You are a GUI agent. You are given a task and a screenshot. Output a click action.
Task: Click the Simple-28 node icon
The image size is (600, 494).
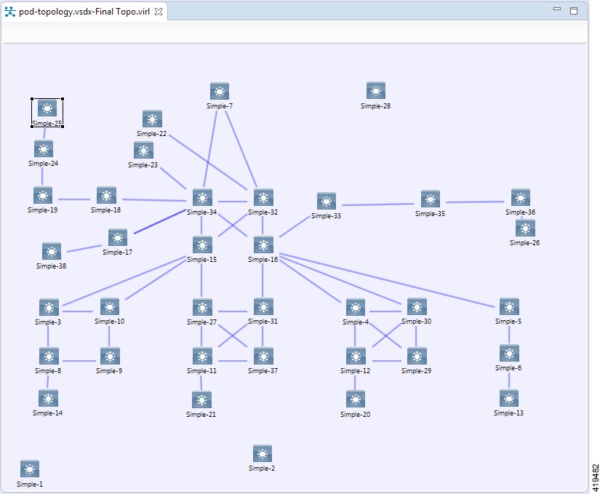coord(375,91)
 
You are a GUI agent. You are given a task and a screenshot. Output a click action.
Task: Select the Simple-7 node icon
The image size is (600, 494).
coord(220,91)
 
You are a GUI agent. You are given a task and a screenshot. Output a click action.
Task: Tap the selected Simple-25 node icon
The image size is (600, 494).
coord(47,109)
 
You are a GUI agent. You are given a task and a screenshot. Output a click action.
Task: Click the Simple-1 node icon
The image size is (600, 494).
coord(30,469)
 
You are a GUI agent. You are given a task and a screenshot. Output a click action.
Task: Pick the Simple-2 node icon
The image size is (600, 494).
coord(263,453)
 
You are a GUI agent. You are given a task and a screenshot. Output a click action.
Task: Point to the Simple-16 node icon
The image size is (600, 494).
coord(263,245)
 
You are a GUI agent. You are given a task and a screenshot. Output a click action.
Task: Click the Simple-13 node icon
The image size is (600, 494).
coord(509,399)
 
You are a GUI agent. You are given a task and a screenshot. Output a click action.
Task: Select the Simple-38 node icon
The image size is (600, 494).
coord(52,252)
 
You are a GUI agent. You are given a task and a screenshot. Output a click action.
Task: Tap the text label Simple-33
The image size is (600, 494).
coord(326,216)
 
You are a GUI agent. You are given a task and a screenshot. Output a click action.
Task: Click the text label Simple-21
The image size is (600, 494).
coord(201,415)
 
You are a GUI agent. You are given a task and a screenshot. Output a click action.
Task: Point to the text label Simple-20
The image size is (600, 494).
coord(356,415)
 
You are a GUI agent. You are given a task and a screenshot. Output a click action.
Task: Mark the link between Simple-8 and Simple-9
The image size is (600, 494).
coord(79,361)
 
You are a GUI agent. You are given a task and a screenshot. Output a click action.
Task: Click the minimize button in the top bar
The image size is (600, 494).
coord(557,9)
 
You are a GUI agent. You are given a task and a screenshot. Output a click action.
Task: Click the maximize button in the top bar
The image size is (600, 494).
coord(574,11)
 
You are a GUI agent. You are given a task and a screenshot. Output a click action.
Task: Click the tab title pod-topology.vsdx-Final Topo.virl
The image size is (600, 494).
coord(84,12)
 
